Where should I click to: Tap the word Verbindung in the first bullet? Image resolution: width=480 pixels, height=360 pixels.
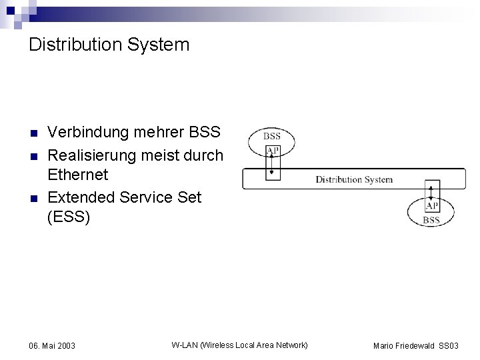88,132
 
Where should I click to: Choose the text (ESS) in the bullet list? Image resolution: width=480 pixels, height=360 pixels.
69,217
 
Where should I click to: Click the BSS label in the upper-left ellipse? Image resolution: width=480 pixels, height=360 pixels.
271,136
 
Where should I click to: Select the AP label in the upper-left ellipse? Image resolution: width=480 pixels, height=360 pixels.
272,151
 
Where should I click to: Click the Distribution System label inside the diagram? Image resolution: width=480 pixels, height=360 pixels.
354,179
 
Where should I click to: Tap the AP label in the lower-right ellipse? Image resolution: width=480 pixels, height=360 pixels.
431,207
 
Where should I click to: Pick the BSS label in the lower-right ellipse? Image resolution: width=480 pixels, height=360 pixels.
431,220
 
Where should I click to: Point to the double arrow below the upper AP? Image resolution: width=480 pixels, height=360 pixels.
272,167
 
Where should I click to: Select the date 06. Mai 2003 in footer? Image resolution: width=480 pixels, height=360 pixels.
52,346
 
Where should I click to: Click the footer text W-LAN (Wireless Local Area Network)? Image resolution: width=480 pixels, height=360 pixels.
239,345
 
